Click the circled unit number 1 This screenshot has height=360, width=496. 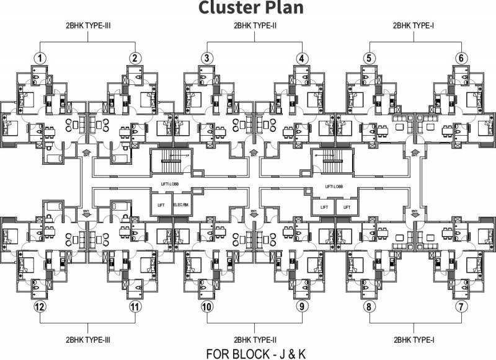[40, 58]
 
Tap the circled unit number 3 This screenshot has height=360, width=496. [207, 58]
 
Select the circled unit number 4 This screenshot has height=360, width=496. [302, 58]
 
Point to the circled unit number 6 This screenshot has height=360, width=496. [461, 58]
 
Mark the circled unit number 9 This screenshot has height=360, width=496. [302, 306]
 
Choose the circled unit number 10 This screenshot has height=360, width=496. [207, 306]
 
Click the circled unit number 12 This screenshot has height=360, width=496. [40, 306]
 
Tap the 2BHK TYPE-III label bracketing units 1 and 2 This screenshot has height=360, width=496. [89, 25]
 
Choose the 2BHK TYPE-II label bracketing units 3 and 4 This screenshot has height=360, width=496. [254, 25]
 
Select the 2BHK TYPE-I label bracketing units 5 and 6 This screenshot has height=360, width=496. [414, 25]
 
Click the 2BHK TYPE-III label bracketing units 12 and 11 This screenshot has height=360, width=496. [89, 339]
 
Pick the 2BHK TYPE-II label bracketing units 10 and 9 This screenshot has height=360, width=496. [254, 339]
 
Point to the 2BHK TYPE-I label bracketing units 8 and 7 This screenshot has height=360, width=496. [414, 339]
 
